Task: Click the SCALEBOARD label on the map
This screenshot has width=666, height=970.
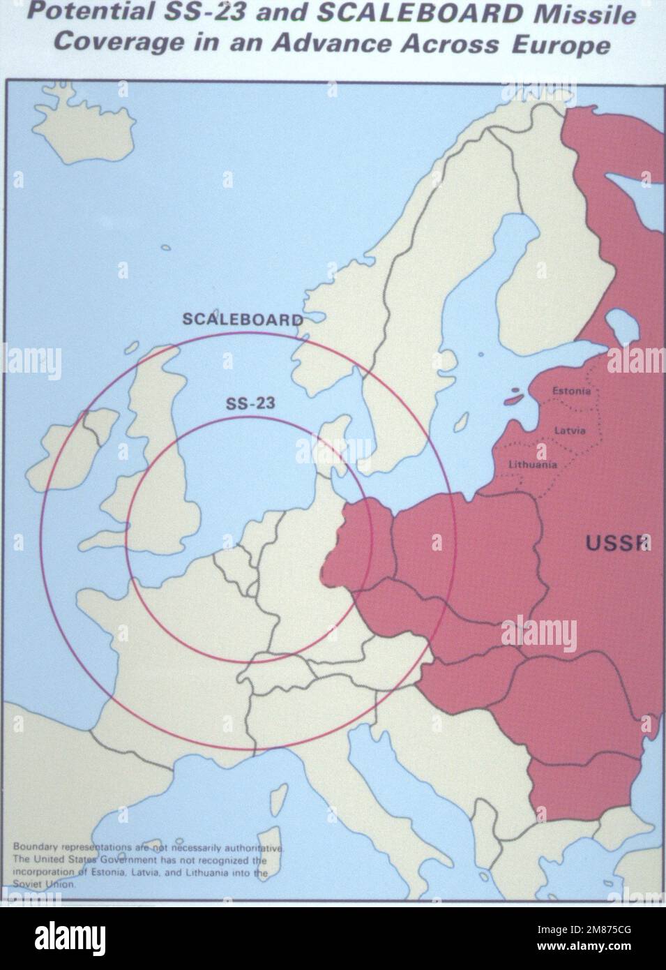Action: [x=242, y=320]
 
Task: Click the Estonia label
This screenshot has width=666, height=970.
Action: [x=571, y=391]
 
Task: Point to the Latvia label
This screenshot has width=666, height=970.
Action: [x=570, y=431]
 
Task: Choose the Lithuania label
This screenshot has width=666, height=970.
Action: [x=533, y=464]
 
